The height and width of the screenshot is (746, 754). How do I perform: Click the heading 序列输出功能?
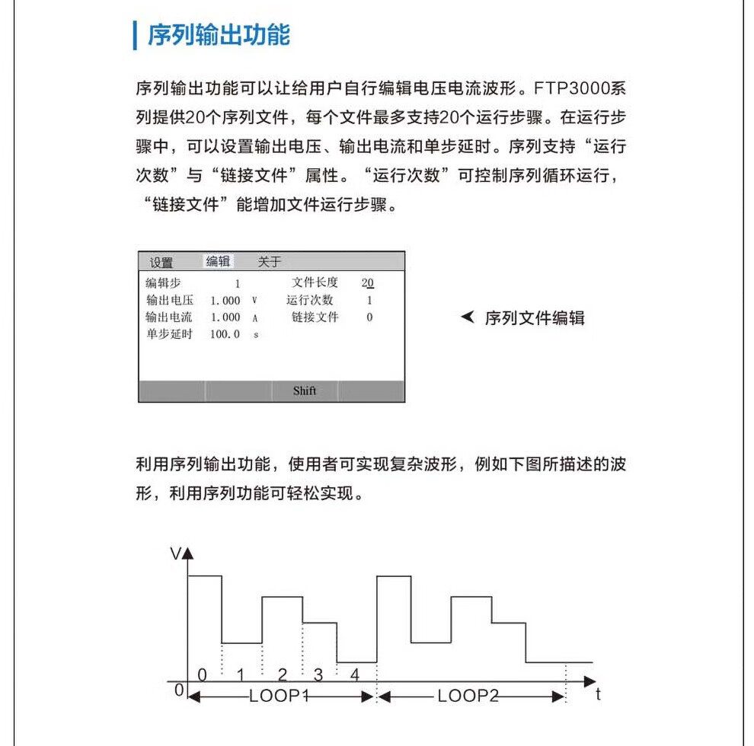(219, 35)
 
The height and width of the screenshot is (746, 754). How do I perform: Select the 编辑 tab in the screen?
(218, 261)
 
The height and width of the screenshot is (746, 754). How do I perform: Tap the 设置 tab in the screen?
(161, 263)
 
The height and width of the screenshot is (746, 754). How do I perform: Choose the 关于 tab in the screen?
(269, 261)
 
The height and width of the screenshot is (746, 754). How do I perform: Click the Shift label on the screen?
(304, 391)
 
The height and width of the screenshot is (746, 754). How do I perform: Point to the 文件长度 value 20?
(368, 282)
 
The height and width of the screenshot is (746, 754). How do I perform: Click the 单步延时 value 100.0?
(225, 334)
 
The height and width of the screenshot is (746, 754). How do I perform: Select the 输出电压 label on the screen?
(170, 300)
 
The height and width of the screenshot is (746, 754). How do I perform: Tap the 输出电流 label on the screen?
(170, 317)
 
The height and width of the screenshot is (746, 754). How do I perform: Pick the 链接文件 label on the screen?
(315, 317)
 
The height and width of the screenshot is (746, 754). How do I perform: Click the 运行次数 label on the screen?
(310, 300)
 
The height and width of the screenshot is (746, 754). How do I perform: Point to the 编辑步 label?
(164, 282)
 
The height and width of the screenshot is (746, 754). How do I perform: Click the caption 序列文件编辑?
(535, 318)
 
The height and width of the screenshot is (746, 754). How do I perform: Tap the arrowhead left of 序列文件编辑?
(468, 317)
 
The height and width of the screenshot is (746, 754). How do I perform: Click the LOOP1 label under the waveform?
(279, 696)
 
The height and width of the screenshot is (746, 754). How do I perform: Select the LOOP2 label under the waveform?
(468, 696)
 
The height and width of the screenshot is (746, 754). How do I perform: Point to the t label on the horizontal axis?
(598, 694)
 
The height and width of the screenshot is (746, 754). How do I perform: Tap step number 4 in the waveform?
(354, 674)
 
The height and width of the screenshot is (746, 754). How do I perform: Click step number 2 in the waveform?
(283, 674)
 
